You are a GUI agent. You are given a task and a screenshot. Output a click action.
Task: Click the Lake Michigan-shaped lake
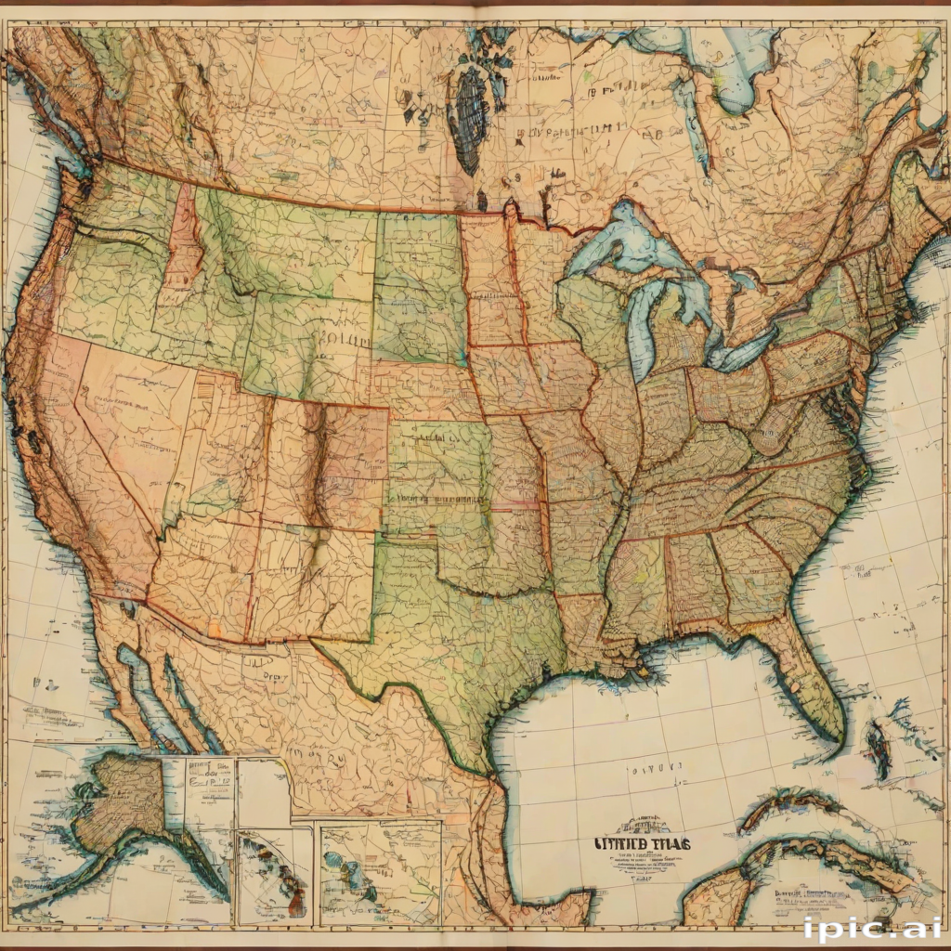tap(642, 325)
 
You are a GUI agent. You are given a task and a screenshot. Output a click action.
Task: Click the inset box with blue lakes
tap(380, 873)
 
